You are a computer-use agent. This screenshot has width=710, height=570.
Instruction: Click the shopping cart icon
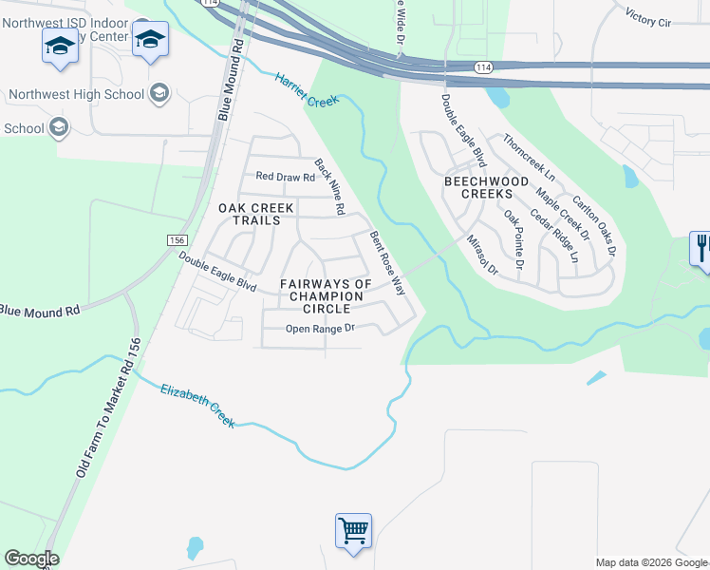click(x=353, y=530)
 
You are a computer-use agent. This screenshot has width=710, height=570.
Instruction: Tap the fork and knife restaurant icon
click(x=701, y=249)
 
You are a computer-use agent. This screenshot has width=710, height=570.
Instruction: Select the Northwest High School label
click(x=76, y=94)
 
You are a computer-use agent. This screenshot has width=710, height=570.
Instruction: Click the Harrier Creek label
click(x=307, y=89)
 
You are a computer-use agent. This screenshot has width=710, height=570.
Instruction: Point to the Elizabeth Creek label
click(x=197, y=405)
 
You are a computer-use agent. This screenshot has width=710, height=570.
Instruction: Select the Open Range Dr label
click(x=321, y=329)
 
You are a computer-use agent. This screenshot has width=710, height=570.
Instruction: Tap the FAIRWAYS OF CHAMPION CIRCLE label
click(x=326, y=296)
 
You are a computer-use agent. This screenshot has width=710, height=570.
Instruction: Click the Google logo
click(x=31, y=559)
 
